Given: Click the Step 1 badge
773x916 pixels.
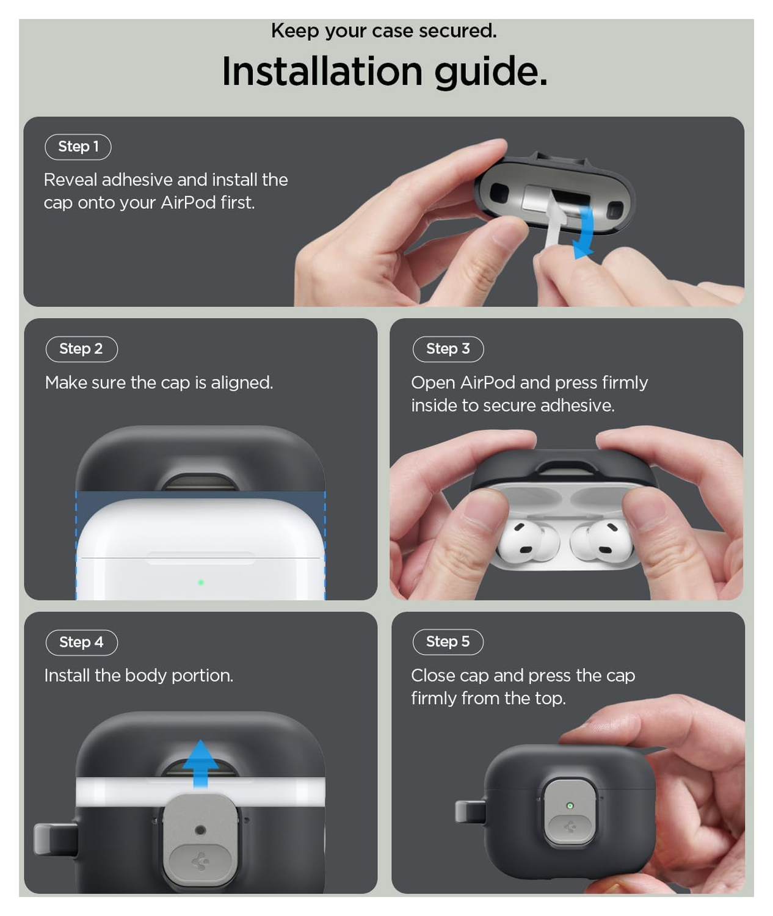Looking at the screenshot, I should pyautogui.click(x=78, y=147).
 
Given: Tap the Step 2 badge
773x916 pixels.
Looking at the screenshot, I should pyautogui.click(x=81, y=349).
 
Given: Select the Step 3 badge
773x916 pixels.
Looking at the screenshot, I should pyautogui.click(x=448, y=349).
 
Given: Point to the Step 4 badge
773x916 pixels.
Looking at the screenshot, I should pyautogui.click(x=81, y=642).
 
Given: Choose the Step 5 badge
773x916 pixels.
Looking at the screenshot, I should pyautogui.click(x=448, y=642).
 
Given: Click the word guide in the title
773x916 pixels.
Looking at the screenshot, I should pyautogui.click(x=490, y=72).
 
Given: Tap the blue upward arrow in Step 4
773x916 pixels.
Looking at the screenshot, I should pyautogui.click(x=200, y=763).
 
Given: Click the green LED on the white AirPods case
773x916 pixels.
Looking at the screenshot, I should pyautogui.click(x=201, y=583).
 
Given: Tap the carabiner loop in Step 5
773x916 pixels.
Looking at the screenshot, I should pyautogui.click(x=470, y=812).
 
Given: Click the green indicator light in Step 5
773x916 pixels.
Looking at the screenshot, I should pyautogui.click(x=570, y=805).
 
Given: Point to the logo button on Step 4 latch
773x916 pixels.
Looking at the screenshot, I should pyautogui.click(x=200, y=862).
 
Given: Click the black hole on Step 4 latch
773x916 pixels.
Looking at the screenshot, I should pyautogui.click(x=200, y=830).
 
